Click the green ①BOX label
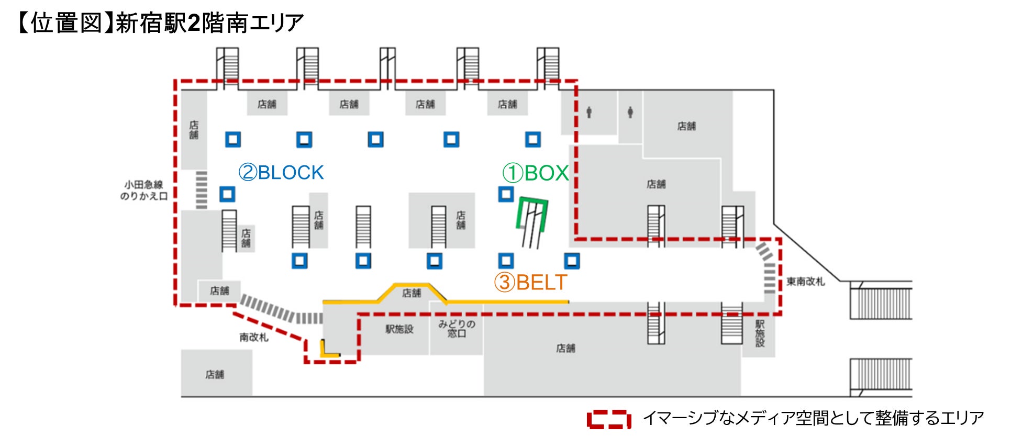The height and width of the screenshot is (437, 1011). point(536,173)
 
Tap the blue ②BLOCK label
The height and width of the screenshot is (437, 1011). point(281,173)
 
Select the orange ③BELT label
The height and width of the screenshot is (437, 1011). point(530,283)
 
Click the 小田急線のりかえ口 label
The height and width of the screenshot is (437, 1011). point(143,191)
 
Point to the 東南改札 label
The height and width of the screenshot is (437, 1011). point(805,282)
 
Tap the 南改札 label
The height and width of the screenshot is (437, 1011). point(254,338)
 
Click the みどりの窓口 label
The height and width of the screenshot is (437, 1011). point(457,329)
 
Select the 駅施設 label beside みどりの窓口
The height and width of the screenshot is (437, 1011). point(399,329)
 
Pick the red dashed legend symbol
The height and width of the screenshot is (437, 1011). point(608,419)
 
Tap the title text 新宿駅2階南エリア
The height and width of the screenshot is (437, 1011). point(209,24)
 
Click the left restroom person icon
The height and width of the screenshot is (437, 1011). point(589,112)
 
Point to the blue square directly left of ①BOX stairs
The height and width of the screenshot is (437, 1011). point(505,194)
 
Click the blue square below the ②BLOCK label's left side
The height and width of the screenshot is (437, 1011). point(227,194)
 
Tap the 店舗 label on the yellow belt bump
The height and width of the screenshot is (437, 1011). point(412,293)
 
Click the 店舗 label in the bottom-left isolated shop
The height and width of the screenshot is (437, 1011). point(215,375)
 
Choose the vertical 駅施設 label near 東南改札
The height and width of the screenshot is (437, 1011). point(760,333)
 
